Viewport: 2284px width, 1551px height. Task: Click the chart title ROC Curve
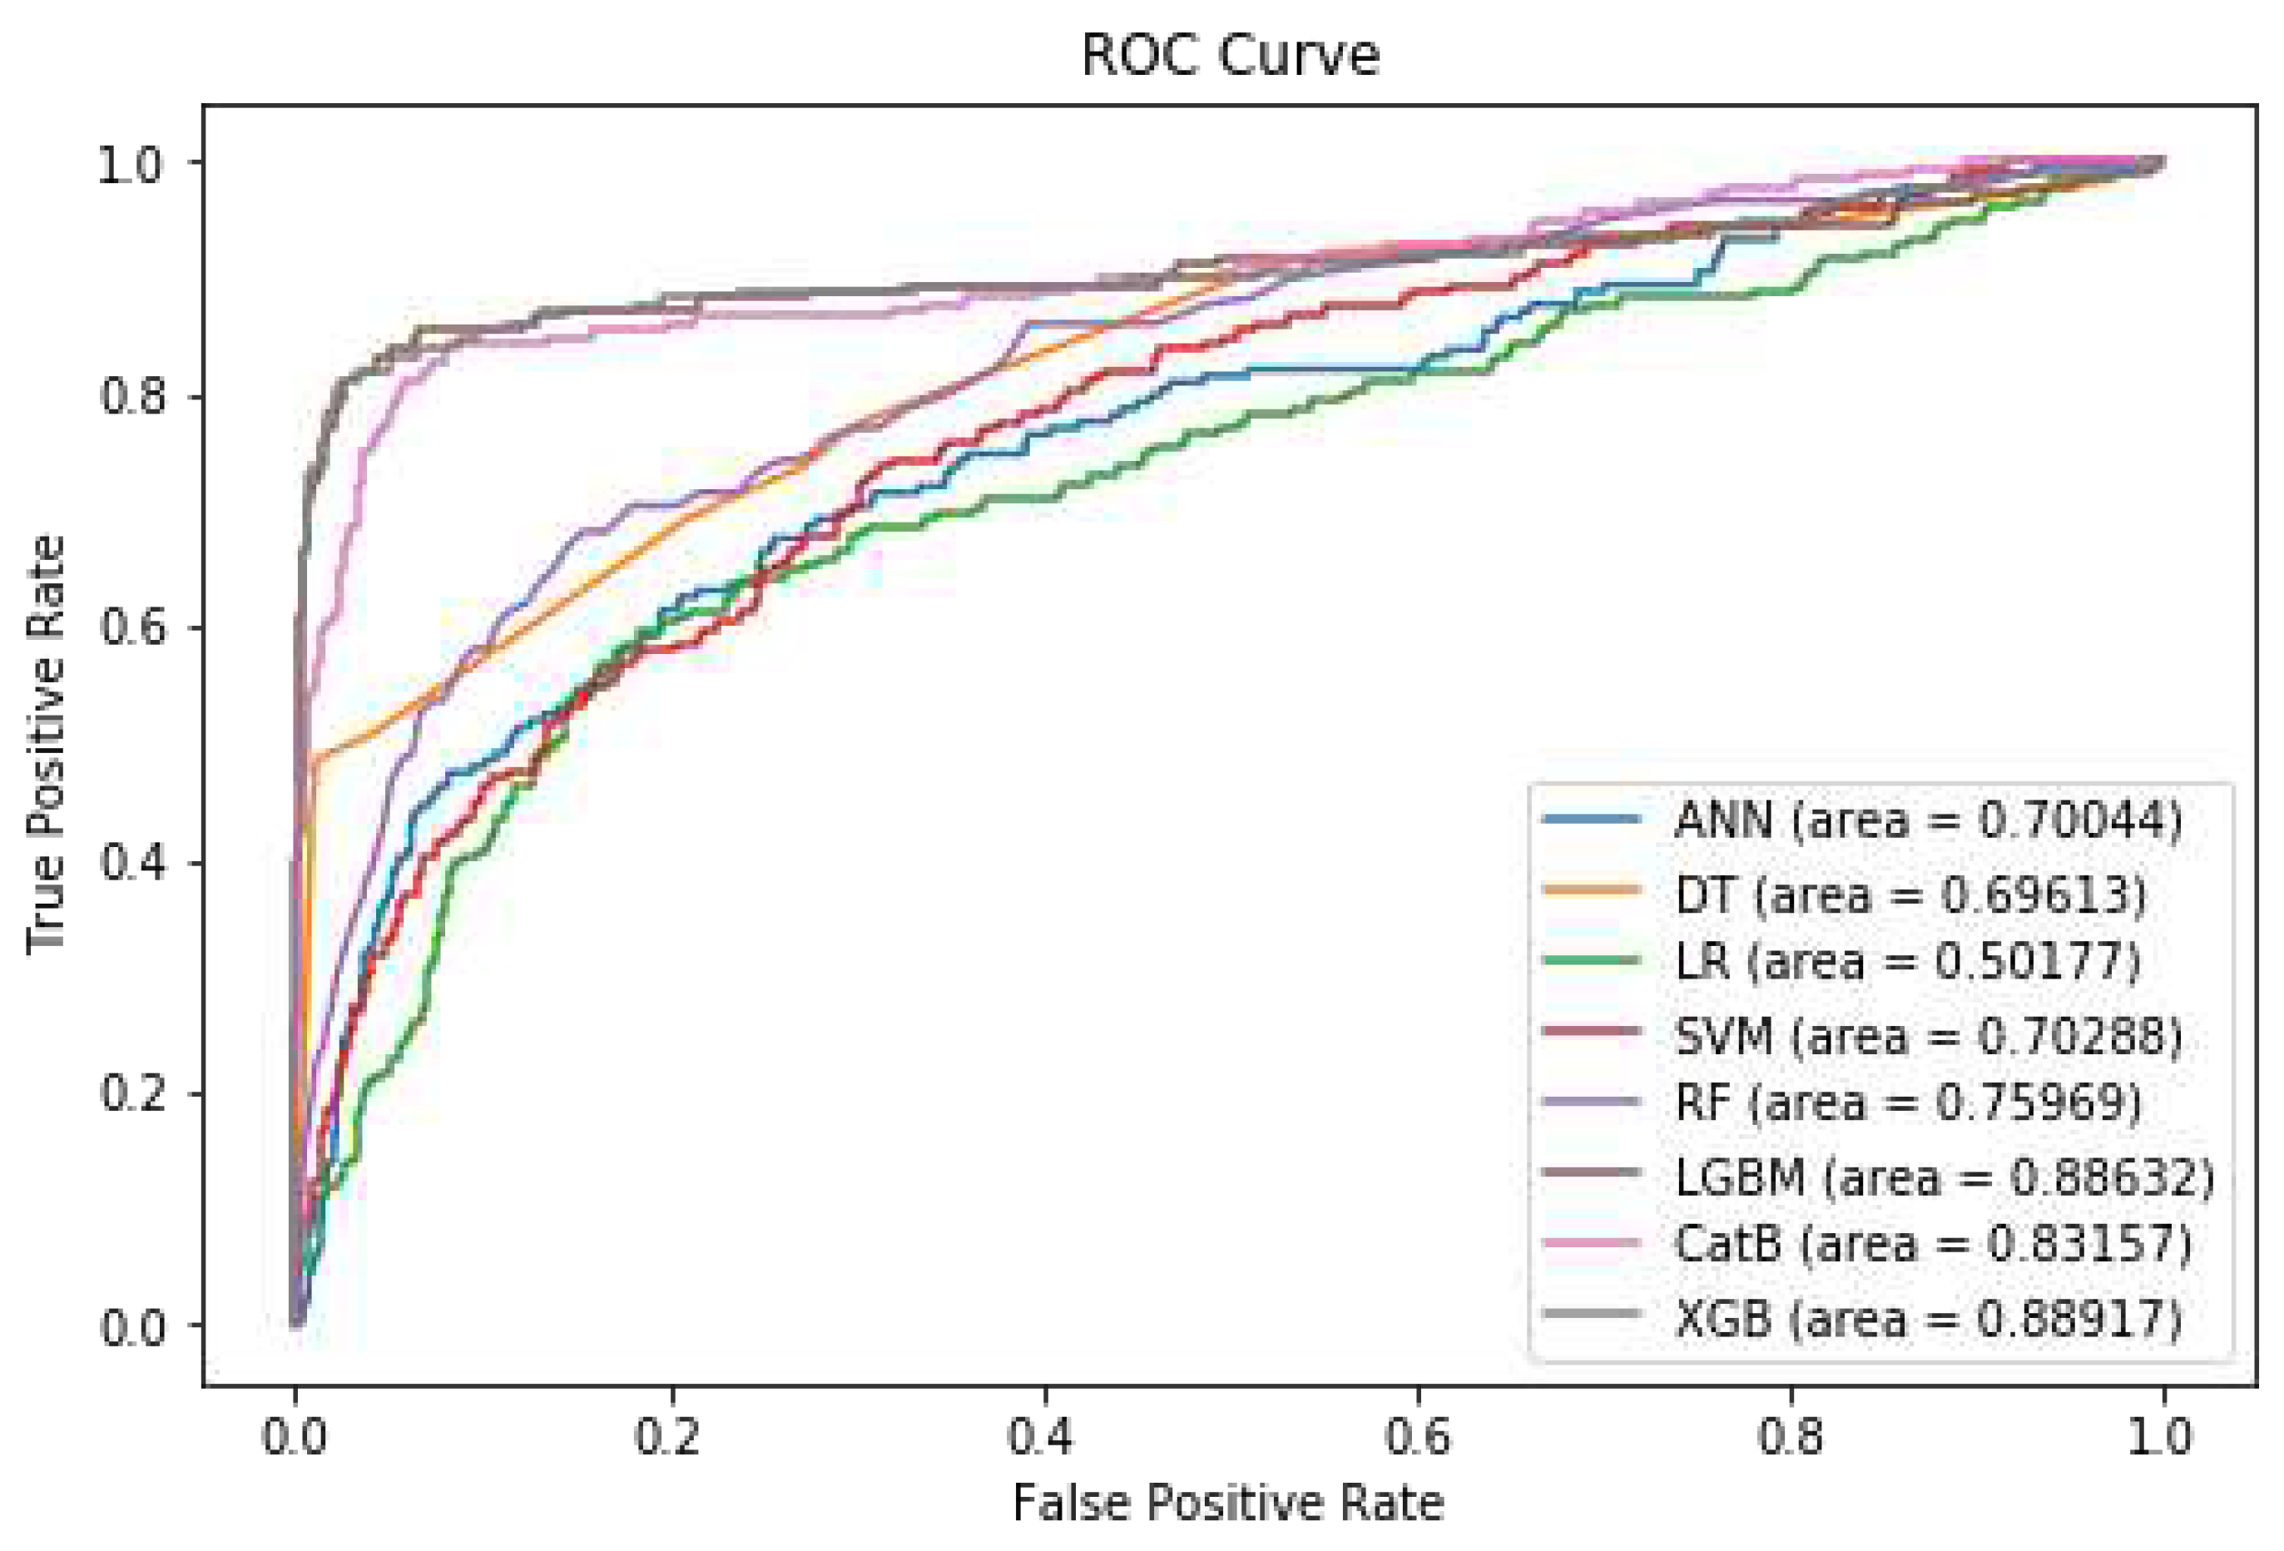[x=1230, y=55]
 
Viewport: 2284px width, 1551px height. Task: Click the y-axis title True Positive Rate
[x=47, y=744]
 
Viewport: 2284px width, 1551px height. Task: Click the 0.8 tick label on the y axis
[x=130, y=397]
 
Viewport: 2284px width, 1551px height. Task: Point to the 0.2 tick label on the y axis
[x=130, y=1093]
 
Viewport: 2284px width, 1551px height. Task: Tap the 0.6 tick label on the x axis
[x=1417, y=1437]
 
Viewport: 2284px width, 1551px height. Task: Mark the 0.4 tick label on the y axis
[x=130, y=863]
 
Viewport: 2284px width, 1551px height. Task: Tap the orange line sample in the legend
[x=1592, y=889]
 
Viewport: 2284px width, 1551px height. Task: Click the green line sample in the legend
[x=1592, y=959]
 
